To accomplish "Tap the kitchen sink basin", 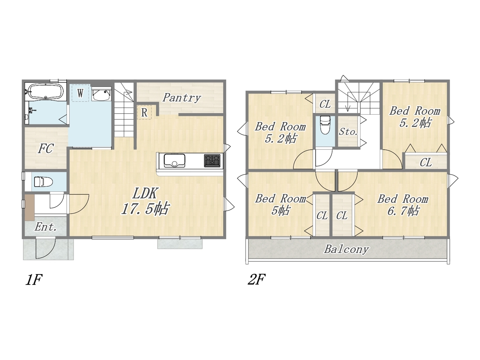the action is coord(174,160).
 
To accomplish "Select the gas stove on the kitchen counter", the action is coord(212,160).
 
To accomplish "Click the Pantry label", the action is coord(181,97).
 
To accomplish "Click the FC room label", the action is coord(46,148).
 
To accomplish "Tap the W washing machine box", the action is coord(80,93).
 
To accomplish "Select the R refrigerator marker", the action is coord(144,112).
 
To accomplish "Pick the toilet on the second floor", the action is coord(325,125).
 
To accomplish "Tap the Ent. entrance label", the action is coord(46,227).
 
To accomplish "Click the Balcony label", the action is coord(346,249).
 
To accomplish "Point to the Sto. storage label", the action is coord(348,132).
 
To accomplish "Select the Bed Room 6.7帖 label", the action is coord(403,205).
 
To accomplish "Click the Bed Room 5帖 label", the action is coord(280,204).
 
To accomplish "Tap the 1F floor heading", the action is coord(33,280).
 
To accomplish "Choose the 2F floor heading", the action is coord(256,280).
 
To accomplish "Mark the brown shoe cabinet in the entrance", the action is coord(30,207).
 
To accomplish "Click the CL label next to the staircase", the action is coord(325,104).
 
